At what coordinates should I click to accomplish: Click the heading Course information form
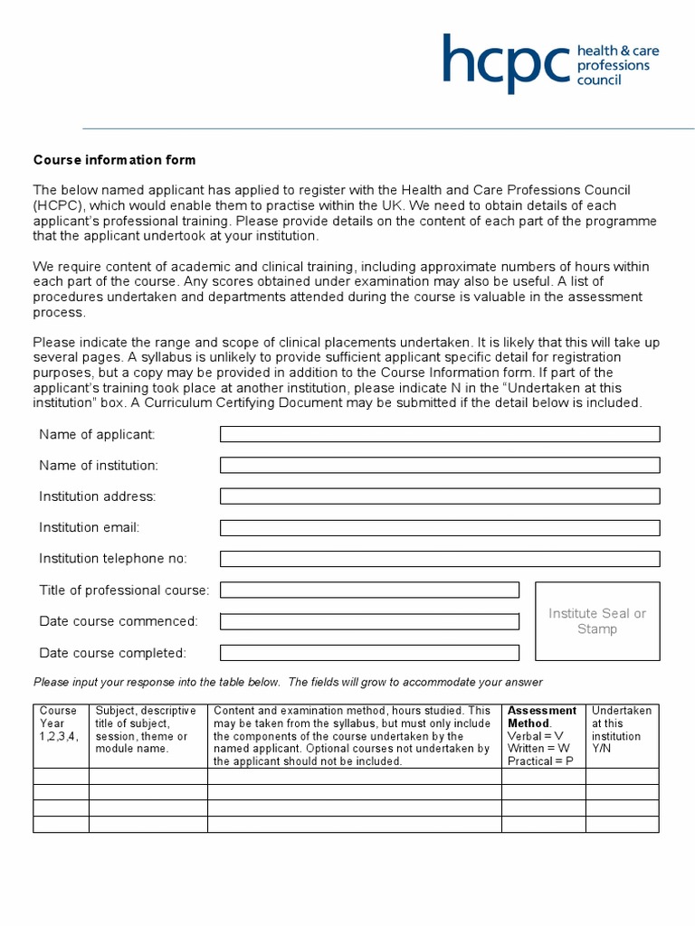click(x=114, y=160)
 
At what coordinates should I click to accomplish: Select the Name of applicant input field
click(x=440, y=434)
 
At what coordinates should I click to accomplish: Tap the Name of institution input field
click(x=440, y=465)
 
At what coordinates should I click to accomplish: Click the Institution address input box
click(x=440, y=496)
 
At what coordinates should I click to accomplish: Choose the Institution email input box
click(x=440, y=527)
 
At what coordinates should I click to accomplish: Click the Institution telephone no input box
click(x=440, y=558)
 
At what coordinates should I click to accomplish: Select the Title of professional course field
click(x=369, y=590)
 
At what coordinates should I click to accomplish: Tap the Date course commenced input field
click(x=369, y=621)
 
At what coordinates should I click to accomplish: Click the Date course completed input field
click(x=369, y=652)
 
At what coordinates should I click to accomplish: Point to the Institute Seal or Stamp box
click(x=597, y=621)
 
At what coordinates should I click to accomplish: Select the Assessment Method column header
click(x=542, y=717)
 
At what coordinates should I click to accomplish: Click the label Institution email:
click(x=89, y=527)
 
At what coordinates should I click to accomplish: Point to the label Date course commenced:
click(x=118, y=621)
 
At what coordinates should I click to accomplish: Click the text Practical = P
click(x=540, y=761)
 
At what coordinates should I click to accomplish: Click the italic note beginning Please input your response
click(x=288, y=682)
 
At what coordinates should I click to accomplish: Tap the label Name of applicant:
click(x=97, y=434)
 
